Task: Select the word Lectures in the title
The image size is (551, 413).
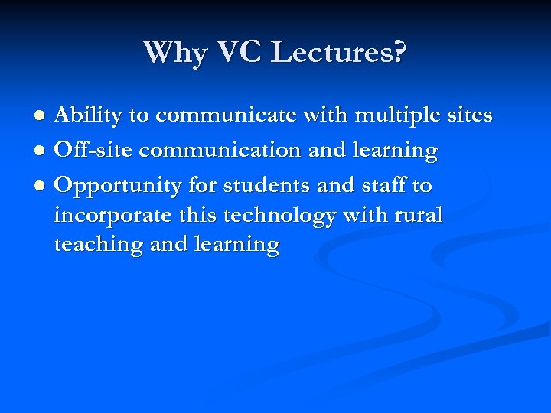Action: tap(331, 53)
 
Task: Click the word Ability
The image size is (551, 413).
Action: tap(87, 116)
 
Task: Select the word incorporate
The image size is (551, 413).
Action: tap(112, 216)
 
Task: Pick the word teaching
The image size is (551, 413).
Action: tap(99, 246)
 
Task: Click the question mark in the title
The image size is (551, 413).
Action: tap(398, 53)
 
